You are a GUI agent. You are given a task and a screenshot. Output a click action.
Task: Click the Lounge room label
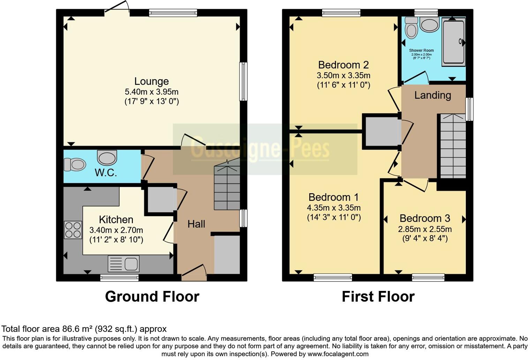tap(151, 81)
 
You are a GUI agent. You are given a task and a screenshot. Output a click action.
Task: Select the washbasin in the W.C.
tap(107, 158)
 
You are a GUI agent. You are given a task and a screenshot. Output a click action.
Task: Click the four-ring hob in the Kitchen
tap(73, 230)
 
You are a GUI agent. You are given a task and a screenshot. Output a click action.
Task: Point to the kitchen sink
tap(123, 264)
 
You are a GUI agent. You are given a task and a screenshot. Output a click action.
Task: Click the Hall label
tap(196, 224)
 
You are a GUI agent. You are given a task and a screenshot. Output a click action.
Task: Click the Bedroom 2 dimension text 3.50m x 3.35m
tap(343, 75)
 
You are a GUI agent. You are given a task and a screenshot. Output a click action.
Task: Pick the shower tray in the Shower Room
tap(453, 42)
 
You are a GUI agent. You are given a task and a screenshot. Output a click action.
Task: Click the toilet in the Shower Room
tap(412, 28)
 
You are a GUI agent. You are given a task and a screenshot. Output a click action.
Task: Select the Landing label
tap(432, 95)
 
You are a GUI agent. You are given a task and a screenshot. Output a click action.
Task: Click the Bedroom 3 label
tap(425, 218)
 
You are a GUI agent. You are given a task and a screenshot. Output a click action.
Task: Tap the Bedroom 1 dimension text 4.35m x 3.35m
tap(334, 208)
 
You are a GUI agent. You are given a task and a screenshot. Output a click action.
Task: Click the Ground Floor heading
tap(152, 297)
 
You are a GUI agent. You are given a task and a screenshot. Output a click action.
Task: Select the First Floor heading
tap(378, 297)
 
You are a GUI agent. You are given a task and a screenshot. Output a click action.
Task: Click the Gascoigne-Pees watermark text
tap(260, 149)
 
